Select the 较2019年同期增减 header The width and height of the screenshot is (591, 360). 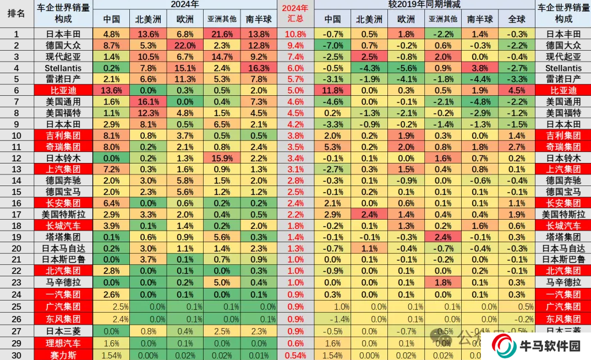click(424, 4)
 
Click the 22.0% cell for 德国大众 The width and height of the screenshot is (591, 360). click(185, 45)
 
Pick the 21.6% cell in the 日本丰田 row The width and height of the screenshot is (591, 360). click(222, 34)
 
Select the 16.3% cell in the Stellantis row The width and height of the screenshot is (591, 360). click(258, 68)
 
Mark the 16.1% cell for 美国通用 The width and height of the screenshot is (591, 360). click(148, 102)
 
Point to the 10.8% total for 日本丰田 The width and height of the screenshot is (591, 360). click(295, 34)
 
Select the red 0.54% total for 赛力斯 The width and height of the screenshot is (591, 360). click(295, 355)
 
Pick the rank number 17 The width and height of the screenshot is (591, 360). click(16, 214)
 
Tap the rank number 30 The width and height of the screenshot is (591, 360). click(16, 355)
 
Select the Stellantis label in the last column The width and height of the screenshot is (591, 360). click(563, 68)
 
